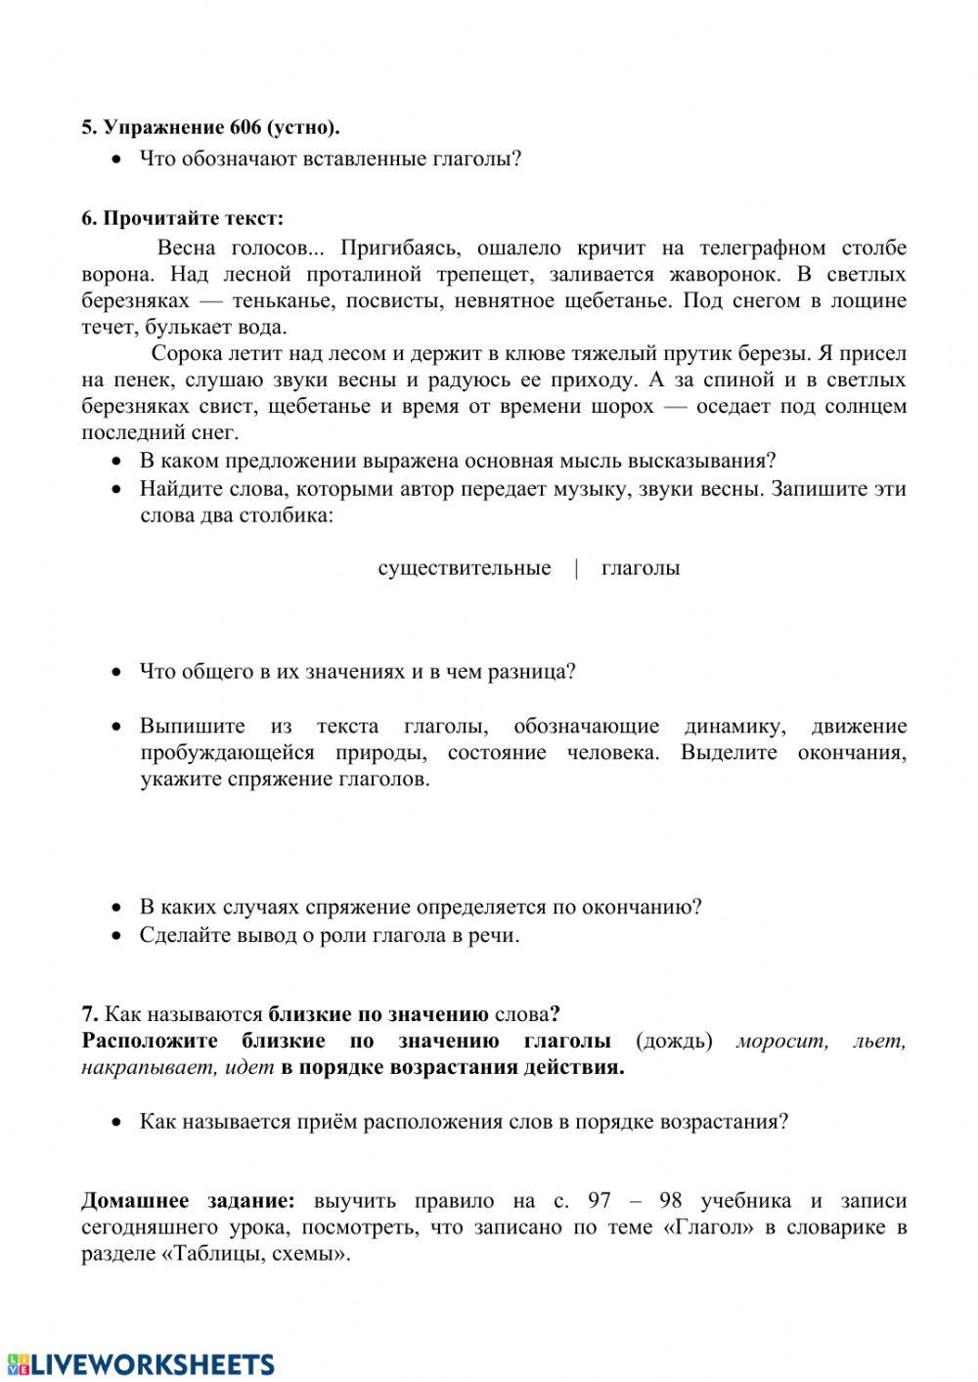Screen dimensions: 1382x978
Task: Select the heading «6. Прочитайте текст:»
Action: click(182, 217)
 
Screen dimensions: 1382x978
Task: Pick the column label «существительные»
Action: click(464, 568)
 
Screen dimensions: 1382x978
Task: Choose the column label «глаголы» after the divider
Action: click(641, 568)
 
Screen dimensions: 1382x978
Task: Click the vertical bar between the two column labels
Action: click(576, 568)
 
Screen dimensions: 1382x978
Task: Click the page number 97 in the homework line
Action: click(600, 1200)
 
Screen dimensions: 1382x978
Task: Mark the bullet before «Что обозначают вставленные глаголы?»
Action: click(117, 159)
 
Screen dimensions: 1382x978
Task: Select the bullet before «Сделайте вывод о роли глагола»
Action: click(117, 936)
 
